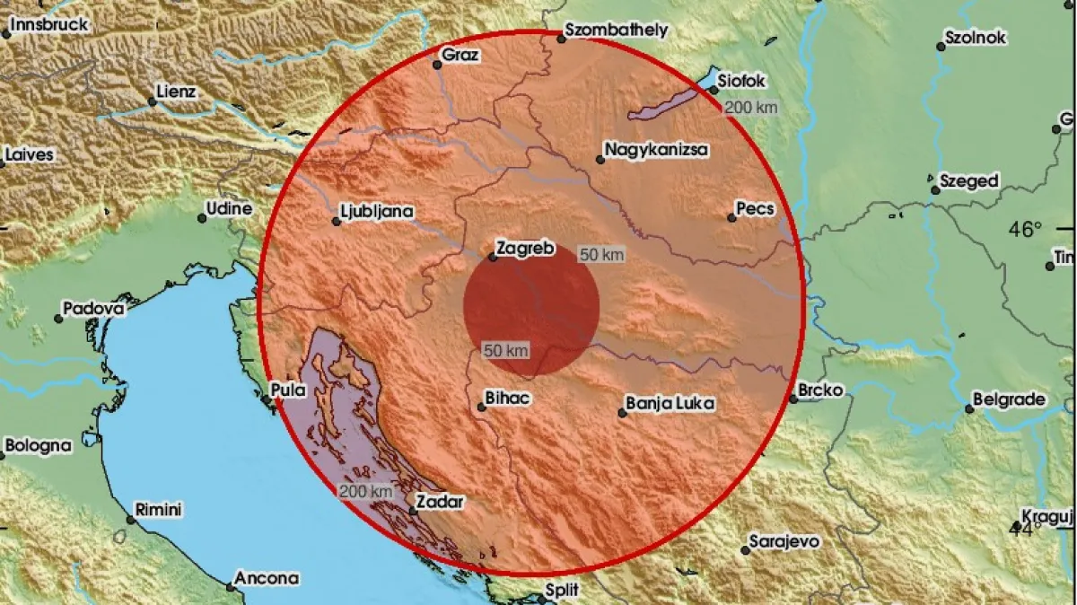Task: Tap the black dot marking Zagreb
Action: coord(493,258)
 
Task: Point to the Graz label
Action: coord(461,55)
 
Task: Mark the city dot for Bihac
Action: coord(481,407)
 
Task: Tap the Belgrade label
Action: coord(1010,399)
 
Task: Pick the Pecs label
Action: coord(754,209)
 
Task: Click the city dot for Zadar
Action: coord(412,511)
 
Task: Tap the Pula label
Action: coord(287,390)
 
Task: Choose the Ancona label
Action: coord(267,579)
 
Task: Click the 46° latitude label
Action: coord(1025,229)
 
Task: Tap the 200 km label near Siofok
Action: coord(749,108)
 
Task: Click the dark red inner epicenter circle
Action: coord(531,306)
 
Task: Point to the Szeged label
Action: coord(968,181)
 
